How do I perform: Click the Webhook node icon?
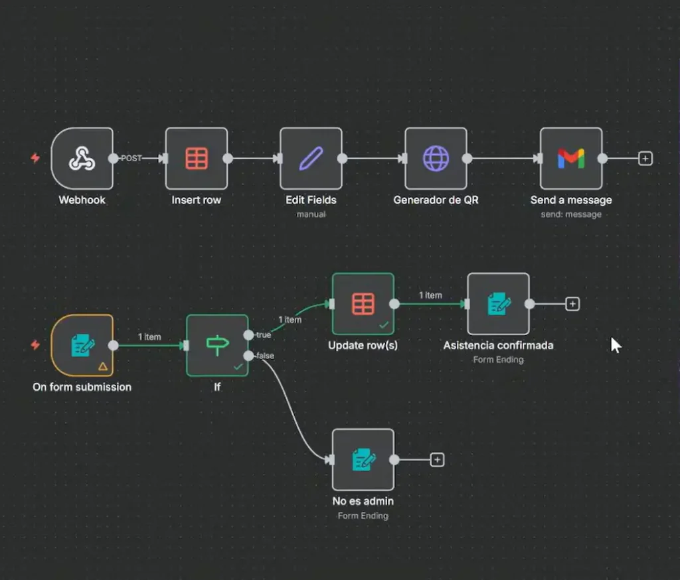coord(82,159)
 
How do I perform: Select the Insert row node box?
coord(197,159)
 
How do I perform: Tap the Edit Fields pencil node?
coord(311,159)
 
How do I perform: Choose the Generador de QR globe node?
coord(436,159)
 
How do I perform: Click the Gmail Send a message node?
coord(571,159)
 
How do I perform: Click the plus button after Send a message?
coord(645,159)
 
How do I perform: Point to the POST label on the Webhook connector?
coord(131,159)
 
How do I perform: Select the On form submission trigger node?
coord(82,345)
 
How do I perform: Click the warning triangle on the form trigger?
coord(102,366)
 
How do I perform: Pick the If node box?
coord(217,345)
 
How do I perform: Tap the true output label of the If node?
coord(263,334)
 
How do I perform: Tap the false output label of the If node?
coord(264,356)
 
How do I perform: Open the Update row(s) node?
coord(363,304)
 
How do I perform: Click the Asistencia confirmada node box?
coord(498,304)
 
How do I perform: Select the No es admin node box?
coord(363,459)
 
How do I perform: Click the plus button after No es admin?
coord(437,459)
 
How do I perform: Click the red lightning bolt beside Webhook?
coord(35,159)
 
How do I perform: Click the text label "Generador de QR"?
coord(436,200)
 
